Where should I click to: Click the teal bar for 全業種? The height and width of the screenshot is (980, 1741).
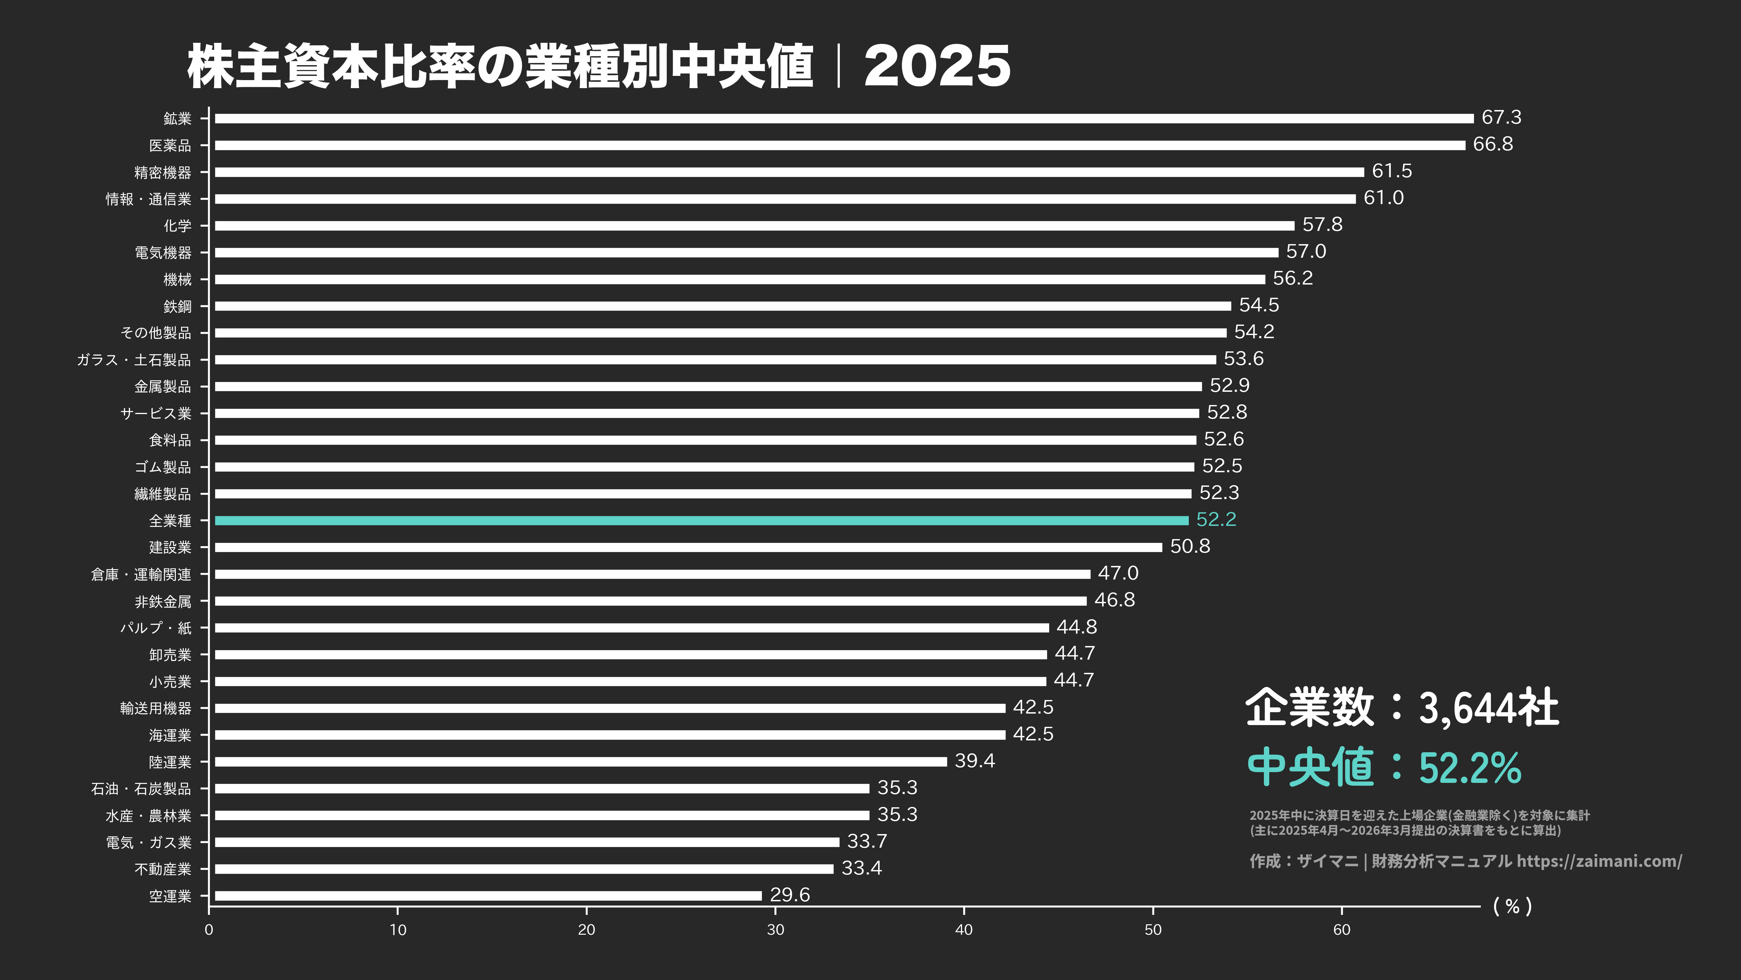point(702,520)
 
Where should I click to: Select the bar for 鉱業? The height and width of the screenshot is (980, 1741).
point(844,118)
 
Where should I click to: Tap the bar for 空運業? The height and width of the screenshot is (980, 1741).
point(488,895)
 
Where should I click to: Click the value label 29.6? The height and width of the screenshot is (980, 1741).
point(789,894)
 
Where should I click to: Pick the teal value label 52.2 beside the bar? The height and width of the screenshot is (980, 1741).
point(1216,519)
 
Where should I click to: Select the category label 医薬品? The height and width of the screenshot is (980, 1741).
point(170,145)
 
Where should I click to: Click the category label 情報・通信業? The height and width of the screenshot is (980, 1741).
point(149,199)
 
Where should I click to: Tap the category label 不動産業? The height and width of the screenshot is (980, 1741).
point(163,869)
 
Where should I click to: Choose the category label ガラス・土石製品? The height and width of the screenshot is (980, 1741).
point(134,359)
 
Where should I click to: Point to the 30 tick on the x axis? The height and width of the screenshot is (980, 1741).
point(775,929)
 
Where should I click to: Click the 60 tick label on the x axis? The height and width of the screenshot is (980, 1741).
point(1342,929)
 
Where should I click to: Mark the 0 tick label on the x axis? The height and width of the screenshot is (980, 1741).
point(209,929)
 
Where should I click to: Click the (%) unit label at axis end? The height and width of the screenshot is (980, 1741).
point(1512,906)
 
